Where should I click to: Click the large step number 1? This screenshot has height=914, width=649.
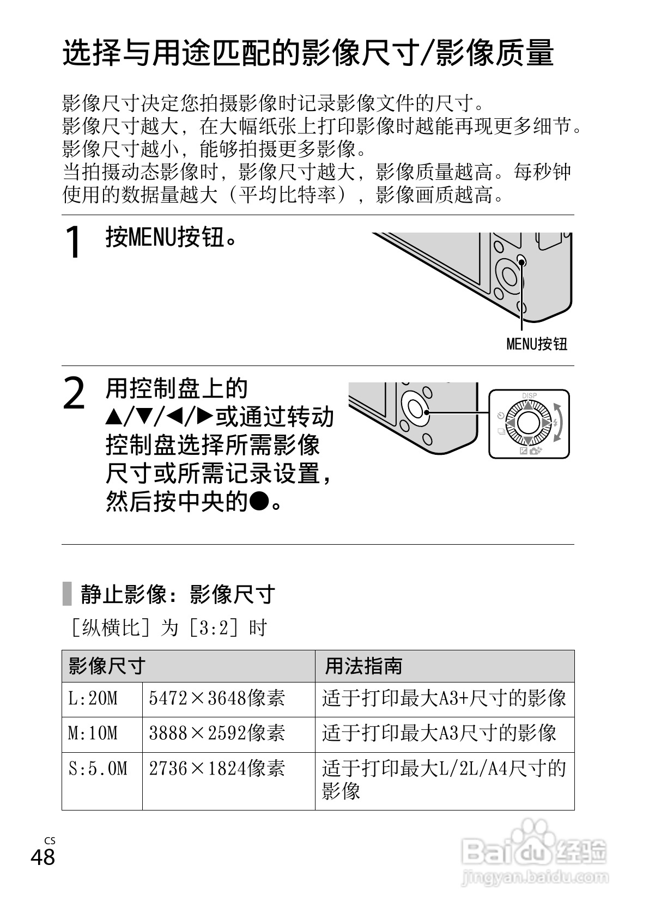(x=74, y=243)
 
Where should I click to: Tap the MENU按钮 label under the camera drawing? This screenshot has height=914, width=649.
(x=537, y=344)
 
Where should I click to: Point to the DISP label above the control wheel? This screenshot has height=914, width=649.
(x=529, y=395)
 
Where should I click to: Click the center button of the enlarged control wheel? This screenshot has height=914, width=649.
(x=528, y=423)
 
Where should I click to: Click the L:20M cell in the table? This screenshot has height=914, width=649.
(x=93, y=699)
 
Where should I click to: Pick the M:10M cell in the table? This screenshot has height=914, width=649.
(x=93, y=734)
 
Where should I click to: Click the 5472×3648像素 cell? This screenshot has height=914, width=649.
(x=217, y=699)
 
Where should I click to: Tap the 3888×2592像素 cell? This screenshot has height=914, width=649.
(x=217, y=734)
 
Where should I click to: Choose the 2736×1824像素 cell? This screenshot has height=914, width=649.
(x=217, y=769)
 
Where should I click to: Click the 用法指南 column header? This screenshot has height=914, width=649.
(x=363, y=666)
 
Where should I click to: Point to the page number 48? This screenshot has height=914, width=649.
(x=43, y=857)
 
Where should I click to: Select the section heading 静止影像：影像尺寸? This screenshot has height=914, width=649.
(x=178, y=594)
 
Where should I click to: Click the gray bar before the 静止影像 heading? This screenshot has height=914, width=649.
(x=67, y=594)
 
